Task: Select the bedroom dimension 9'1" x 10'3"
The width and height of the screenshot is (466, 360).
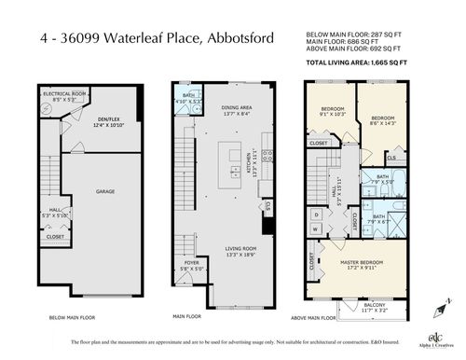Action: tap(333, 115)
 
